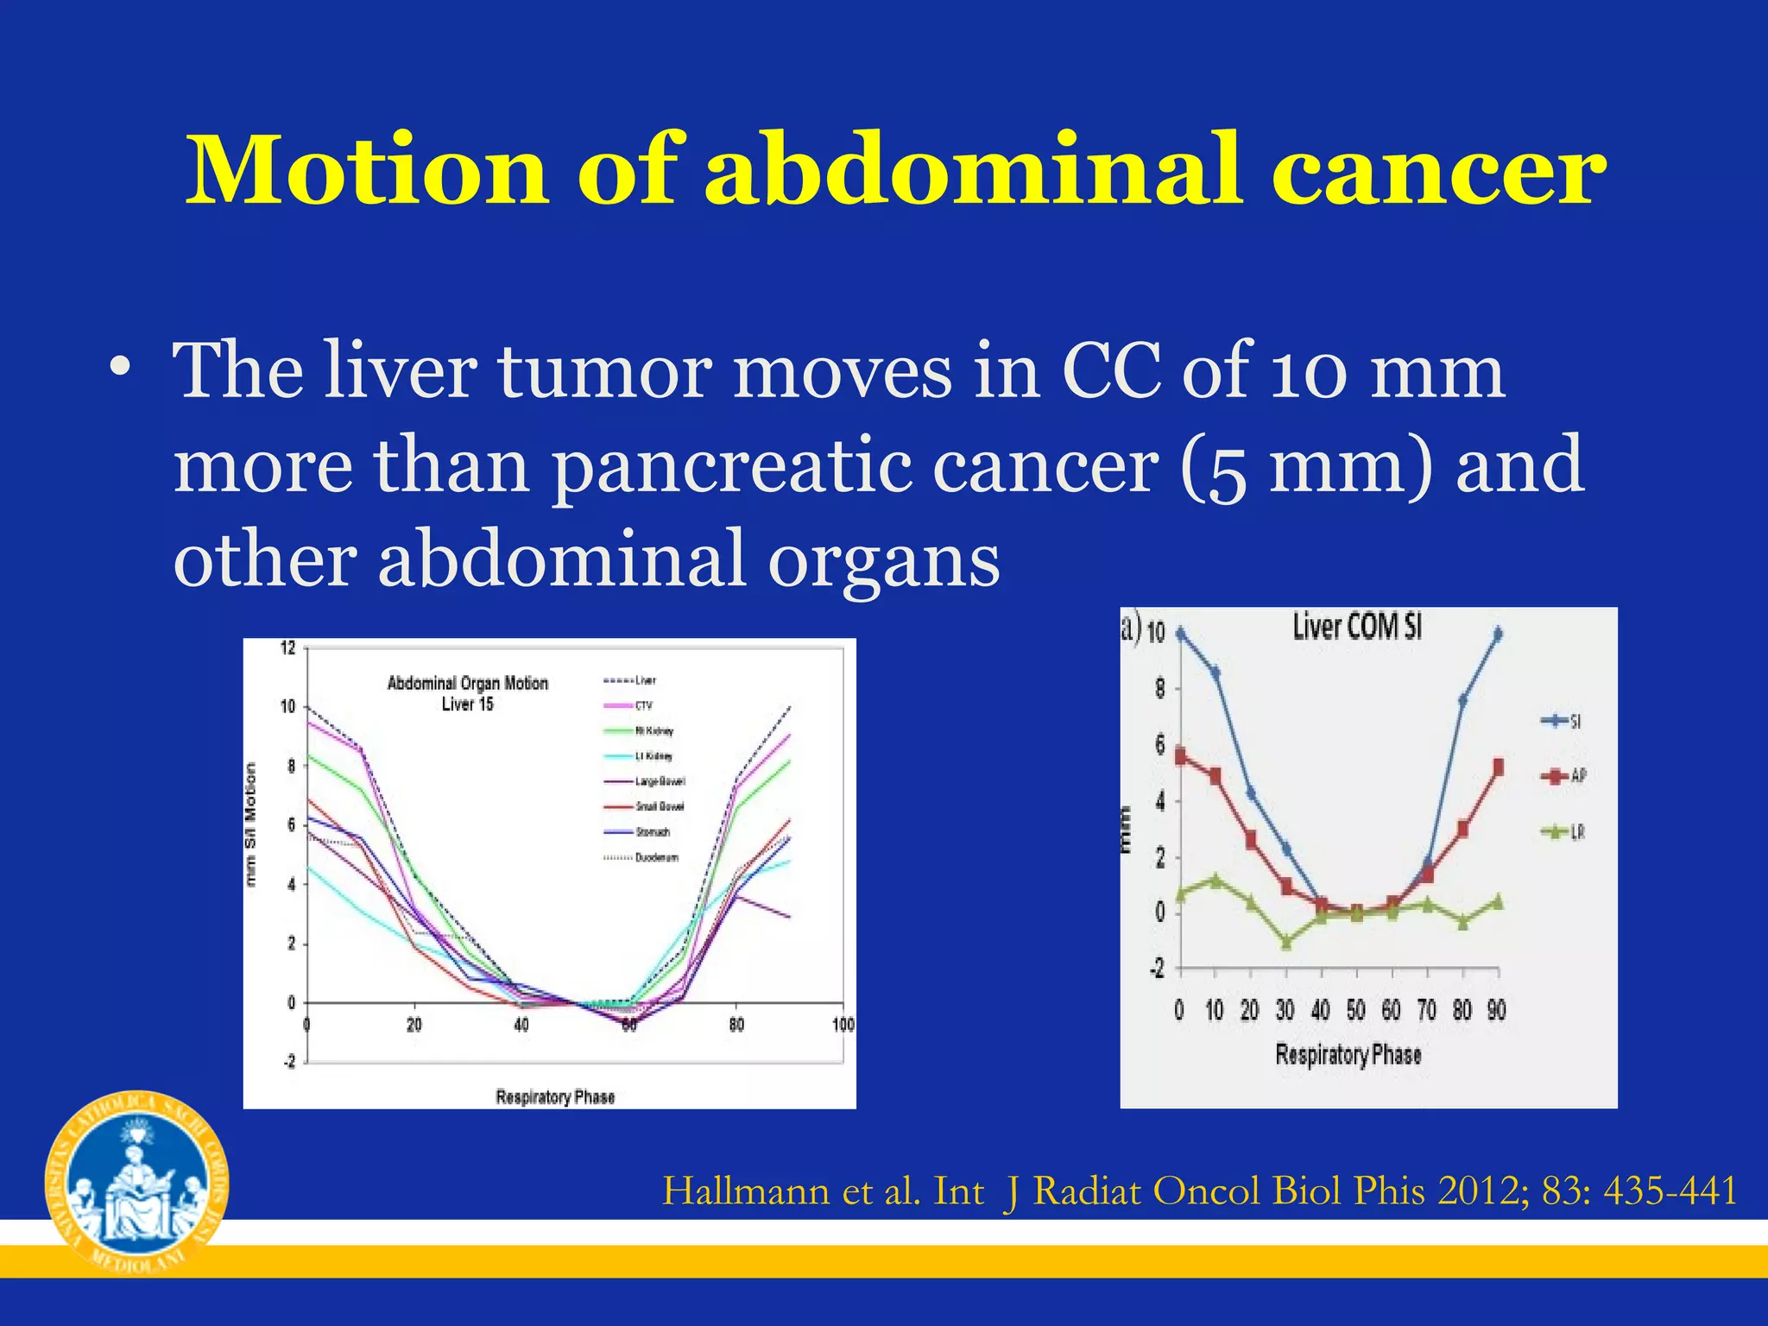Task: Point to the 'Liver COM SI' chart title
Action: point(1356,628)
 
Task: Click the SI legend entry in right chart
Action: point(1562,722)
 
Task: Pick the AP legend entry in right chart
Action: point(1563,776)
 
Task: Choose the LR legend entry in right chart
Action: point(1563,832)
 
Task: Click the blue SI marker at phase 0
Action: point(1180,634)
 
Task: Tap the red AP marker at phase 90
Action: point(1498,767)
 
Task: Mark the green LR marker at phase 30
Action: point(1286,942)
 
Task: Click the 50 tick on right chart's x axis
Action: point(1355,1010)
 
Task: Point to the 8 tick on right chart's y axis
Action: point(1160,689)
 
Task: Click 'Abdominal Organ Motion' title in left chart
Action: point(467,684)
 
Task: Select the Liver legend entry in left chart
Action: point(629,680)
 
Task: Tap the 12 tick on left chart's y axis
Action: point(288,648)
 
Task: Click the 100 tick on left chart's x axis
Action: point(843,1025)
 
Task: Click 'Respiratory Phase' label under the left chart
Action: point(555,1097)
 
